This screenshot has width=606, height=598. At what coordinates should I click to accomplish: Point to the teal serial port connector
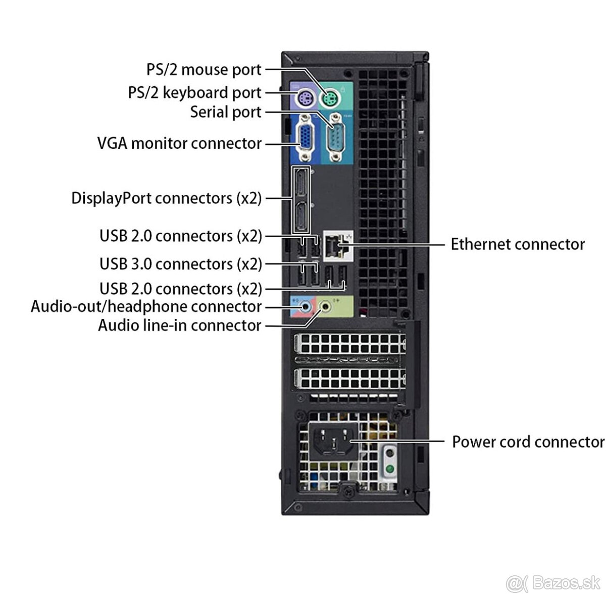click(x=334, y=138)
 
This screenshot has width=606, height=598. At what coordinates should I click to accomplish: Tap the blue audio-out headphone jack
click(x=305, y=306)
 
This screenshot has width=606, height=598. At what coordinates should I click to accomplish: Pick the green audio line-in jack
click(x=327, y=306)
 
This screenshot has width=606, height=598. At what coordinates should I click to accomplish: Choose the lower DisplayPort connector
click(x=302, y=216)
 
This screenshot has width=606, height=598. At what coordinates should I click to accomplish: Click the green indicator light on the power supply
click(x=389, y=469)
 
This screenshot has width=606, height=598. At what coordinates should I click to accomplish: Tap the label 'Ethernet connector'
click(x=517, y=245)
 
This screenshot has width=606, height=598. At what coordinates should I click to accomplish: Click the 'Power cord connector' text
click(x=528, y=442)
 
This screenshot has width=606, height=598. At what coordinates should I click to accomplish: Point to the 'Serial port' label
click(x=226, y=112)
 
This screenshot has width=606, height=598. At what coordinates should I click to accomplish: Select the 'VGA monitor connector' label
click(x=179, y=143)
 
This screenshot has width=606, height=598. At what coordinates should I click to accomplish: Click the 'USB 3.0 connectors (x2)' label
click(x=181, y=264)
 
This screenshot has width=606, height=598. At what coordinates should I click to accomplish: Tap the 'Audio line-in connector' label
click(x=179, y=325)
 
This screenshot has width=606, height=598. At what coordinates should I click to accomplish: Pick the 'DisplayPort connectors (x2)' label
click(x=167, y=198)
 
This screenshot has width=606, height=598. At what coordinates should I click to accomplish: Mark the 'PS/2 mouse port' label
click(x=204, y=70)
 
